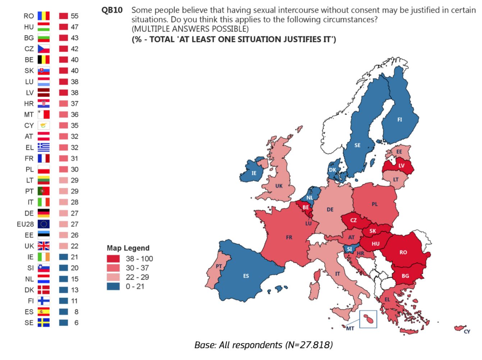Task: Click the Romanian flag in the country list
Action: coord(43,16)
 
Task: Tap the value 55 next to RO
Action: coord(74,16)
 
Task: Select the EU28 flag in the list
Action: coord(43,224)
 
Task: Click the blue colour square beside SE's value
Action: coord(64,323)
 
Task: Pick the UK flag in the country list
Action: coord(43,246)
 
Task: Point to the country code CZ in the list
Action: coord(29,49)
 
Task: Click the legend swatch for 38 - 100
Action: coord(113,259)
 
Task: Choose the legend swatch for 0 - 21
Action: coord(113,286)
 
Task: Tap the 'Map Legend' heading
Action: coord(128,248)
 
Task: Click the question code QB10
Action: coord(112,10)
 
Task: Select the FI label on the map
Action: coord(400,120)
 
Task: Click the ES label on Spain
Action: coord(246,276)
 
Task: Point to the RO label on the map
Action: coord(403,253)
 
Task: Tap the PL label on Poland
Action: coord(375,204)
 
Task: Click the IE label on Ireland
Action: coord(254,173)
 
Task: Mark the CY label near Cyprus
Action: coord(467,332)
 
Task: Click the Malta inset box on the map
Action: coord(368,319)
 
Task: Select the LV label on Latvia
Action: coord(401,166)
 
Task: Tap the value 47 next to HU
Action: coord(74,27)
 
